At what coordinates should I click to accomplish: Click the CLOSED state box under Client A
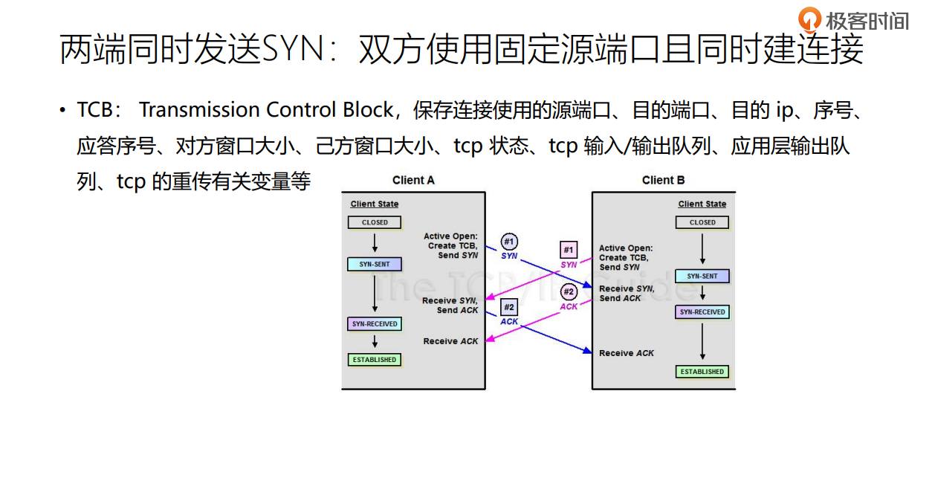tap(375, 222)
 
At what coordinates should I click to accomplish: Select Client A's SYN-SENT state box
tap(375, 264)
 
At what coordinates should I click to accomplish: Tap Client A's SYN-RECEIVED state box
tap(375, 323)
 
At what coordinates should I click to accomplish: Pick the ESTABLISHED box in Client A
tap(375, 360)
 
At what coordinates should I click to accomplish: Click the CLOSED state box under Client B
tap(702, 222)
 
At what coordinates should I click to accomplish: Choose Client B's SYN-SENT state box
tap(702, 276)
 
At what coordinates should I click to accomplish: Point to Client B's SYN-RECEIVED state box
tap(702, 312)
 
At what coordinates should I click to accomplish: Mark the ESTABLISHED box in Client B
tap(702, 372)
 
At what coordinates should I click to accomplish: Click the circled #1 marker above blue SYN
tap(509, 242)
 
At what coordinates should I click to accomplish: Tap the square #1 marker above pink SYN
tap(569, 250)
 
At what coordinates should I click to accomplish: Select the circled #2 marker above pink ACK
tap(569, 291)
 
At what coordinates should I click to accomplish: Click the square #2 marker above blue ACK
tap(509, 308)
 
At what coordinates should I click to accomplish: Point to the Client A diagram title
tap(413, 180)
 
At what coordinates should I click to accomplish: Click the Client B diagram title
tap(664, 180)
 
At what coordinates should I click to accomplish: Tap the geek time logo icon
tap(809, 19)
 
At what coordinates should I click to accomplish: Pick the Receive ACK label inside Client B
tap(627, 353)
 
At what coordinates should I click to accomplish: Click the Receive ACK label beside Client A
tap(450, 341)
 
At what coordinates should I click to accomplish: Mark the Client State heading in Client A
tap(375, 204)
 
